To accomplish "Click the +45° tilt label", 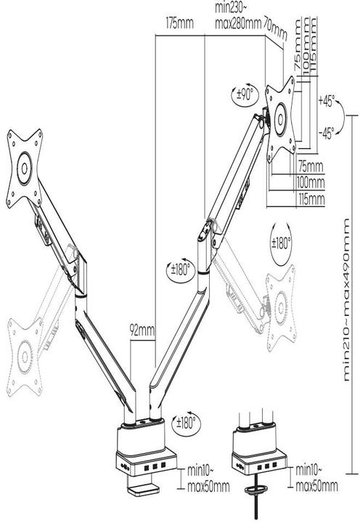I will (x=326, y=102).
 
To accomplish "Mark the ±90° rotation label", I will (x=246, y=94).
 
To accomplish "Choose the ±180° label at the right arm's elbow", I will (x=179, y=270).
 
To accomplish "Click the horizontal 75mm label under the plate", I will (x=311, y=165).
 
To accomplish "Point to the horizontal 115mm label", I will (x=311, y=198).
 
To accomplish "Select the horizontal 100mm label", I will (x=311, y=182).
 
